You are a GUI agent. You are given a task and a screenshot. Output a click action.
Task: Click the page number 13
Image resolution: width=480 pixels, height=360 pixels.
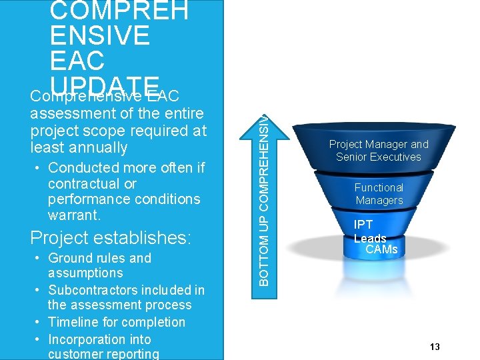pos(435,347)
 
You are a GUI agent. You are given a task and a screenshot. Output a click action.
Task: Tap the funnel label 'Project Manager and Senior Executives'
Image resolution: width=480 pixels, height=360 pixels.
pos(379,151)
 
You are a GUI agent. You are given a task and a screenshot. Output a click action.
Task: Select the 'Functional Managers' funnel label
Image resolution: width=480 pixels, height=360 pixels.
pos(379,194)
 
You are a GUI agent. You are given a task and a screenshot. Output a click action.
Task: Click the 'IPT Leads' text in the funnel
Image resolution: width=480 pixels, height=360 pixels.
pos(370,231)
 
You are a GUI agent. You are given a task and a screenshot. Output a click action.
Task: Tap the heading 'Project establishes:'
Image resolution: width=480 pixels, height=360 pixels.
pos(111,238)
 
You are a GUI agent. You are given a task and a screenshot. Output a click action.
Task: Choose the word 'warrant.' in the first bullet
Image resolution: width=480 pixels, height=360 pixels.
pos(75,215)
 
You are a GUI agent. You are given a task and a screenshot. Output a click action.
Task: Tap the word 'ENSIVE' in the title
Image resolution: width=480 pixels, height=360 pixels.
pos(100,35)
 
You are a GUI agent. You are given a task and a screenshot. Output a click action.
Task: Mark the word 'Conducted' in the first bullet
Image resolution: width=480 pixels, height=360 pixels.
pos(81,167)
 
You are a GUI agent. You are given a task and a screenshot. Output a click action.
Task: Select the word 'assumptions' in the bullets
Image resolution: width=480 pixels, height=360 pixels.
pos(85,273)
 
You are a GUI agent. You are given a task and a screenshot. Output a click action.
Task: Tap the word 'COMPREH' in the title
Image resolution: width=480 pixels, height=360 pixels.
pos(119,10)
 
